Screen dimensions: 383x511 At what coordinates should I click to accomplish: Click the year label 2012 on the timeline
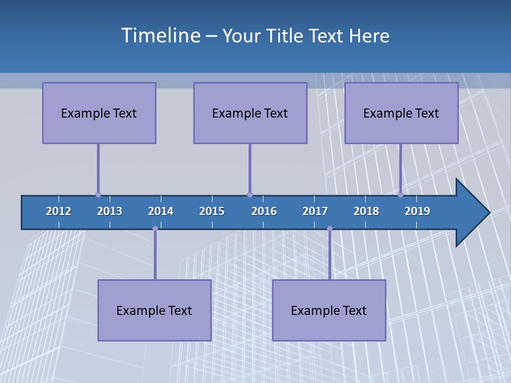(59, 211)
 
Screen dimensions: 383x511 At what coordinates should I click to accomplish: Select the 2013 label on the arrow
(110, 211)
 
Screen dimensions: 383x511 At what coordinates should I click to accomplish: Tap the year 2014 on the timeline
(161, 211)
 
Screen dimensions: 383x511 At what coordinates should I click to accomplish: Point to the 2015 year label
(212, 211)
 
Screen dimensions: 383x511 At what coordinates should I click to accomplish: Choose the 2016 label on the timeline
(264, 211)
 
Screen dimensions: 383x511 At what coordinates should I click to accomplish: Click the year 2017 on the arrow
(315, 211)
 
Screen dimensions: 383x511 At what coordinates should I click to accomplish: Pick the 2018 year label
(366, 211)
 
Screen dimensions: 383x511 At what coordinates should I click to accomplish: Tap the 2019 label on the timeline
(417, 211)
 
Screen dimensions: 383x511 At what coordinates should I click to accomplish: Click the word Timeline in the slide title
(160, 36)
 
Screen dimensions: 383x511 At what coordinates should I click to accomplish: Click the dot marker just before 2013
(98, 195)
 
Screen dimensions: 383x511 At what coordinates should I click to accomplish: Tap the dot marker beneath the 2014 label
(155, 229)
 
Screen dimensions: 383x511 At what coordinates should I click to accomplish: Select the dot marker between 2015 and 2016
(250, 195)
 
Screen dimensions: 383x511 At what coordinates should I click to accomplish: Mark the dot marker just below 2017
(329, 229)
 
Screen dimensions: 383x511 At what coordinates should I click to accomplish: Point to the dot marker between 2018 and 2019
(400, 195)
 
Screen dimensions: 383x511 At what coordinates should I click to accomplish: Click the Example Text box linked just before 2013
(99, 113)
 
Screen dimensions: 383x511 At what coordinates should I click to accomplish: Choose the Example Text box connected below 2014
(154, 310)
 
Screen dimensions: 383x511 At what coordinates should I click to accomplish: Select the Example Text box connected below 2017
(329, 310)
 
